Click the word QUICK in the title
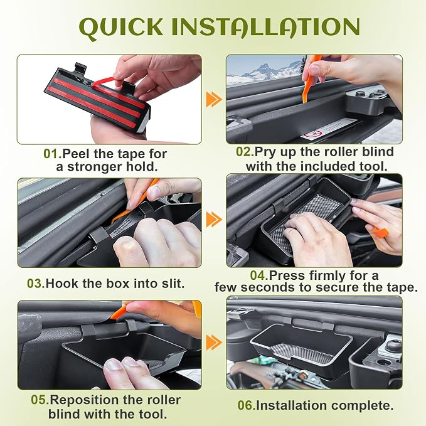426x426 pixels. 121,28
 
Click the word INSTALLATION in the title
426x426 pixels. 266,26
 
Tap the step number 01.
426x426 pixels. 53,154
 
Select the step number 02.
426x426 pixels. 245,152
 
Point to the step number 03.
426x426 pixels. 36,284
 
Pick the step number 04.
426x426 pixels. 259,275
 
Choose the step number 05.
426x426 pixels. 40,400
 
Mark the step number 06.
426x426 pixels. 247,405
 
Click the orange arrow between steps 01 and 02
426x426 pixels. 214,99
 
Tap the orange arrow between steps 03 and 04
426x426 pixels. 214,220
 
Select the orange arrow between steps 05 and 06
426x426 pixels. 214,343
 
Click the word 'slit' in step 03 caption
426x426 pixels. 173,284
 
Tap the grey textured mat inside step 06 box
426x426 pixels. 302,353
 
